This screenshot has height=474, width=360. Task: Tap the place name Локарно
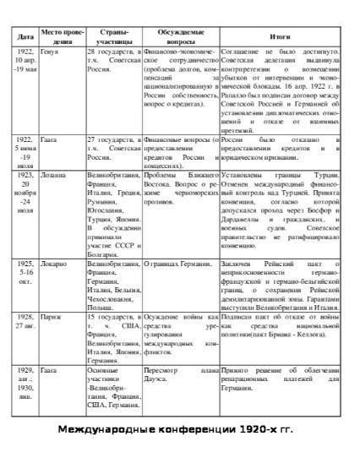pos(57,264)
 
